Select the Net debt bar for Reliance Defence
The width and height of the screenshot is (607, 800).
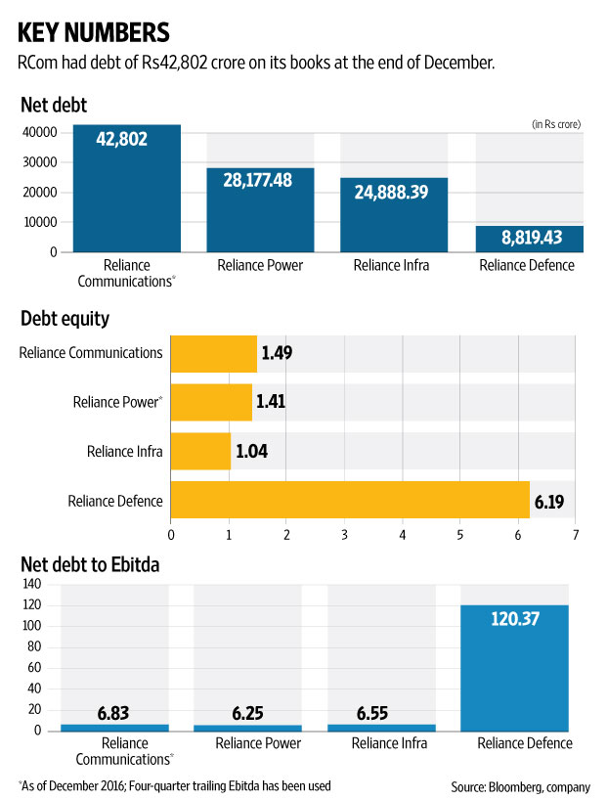click(529, 239)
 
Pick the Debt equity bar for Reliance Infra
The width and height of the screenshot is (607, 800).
click(200, 451)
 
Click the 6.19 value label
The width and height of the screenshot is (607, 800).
click(549, 503)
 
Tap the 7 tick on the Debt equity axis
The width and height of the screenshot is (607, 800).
click(576, 535)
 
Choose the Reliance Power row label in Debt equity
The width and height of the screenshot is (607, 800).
click(117, 401)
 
